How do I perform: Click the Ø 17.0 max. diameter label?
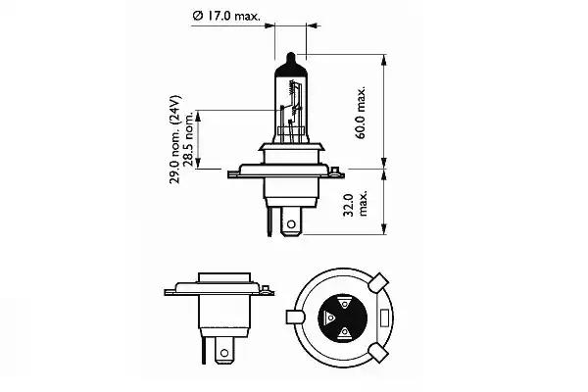(226, 16)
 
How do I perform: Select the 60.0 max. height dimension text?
(361, 113)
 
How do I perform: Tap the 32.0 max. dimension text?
(356, 205)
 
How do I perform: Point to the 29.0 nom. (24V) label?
(174, 139)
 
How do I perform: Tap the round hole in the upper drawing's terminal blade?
(291, 225)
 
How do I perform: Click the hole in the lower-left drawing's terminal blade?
(224, 353)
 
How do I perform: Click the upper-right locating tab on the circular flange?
(378, 282)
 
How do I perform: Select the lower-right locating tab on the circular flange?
(378, 354)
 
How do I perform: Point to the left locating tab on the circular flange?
(296, 318)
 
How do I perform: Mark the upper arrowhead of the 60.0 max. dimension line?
(383, 60)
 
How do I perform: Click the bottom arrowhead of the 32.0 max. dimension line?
(383, 228)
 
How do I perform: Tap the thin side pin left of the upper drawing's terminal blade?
(269, 221)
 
